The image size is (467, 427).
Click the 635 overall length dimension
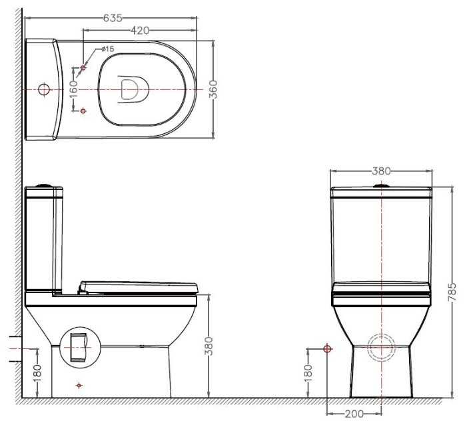tap(113, 18)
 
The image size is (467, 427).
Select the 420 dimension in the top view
tap(140, 30)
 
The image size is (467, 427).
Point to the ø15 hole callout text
tap(107, 49)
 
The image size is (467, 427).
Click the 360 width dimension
tap(213, 89)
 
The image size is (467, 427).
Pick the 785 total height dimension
tap(452, 292)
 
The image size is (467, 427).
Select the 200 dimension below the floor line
tap(354, 414)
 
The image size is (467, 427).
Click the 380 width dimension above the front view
tap(381, 171)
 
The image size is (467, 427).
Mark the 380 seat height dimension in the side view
tap(209, 346)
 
